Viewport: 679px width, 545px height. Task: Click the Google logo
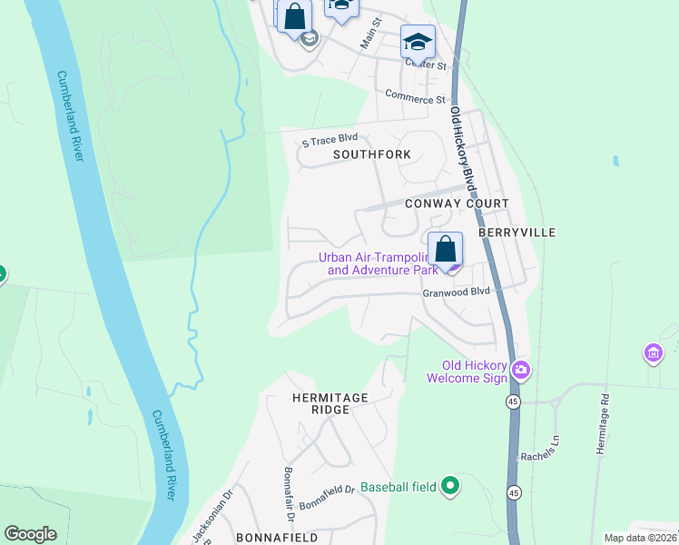click(x=30, y=534)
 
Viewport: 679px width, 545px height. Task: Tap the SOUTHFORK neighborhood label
click(x=371, y=155)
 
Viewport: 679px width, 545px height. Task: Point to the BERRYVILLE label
click(x=519, y=233)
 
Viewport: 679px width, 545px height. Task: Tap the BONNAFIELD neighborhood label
click(x=277, y=538)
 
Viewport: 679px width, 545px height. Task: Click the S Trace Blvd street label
click(x=330, y=139)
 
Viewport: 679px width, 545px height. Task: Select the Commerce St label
click(x=415, y=96)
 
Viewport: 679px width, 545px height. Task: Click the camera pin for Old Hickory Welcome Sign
click(x=521, y=370)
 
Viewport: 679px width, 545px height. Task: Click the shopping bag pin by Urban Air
click(x=446, y=249)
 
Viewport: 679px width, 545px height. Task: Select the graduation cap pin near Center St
click(x=418, y=41)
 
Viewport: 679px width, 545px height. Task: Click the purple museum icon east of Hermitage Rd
click(x=653, y=352)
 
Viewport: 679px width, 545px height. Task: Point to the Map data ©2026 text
click(x=641, y=538)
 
